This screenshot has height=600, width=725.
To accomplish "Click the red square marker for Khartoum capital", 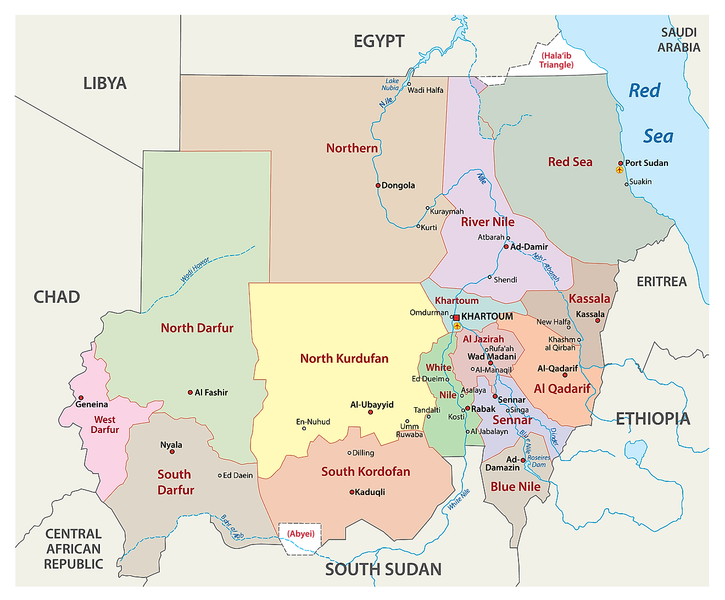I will [456, 318].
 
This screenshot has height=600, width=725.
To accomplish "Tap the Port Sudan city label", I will [646, 163].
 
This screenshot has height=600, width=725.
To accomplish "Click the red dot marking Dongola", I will [378, 185].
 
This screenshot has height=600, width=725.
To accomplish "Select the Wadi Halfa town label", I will [425, 90].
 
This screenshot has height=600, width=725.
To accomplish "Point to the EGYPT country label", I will [379, 41].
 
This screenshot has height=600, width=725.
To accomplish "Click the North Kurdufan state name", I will [344, 358].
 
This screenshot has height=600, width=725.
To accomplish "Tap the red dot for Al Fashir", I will [190, 392].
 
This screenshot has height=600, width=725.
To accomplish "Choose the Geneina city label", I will [92, 404].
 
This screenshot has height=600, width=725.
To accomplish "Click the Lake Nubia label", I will [391, 84].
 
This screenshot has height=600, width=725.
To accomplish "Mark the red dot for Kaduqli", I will [352, 492].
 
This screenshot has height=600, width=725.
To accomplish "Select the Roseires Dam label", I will [538, 461].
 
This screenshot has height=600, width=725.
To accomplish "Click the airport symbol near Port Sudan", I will [620, 170].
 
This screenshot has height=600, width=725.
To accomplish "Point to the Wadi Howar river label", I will [196, 270].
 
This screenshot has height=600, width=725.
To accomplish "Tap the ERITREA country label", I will [661, 281].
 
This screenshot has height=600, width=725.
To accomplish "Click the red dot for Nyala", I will [172, 452].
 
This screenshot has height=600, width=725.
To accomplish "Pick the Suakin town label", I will [640, 181].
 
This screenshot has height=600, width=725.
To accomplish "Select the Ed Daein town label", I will [238, 475].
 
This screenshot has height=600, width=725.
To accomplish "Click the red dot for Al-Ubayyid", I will [370, 412].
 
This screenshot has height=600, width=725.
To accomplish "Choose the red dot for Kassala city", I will [598, 320].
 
